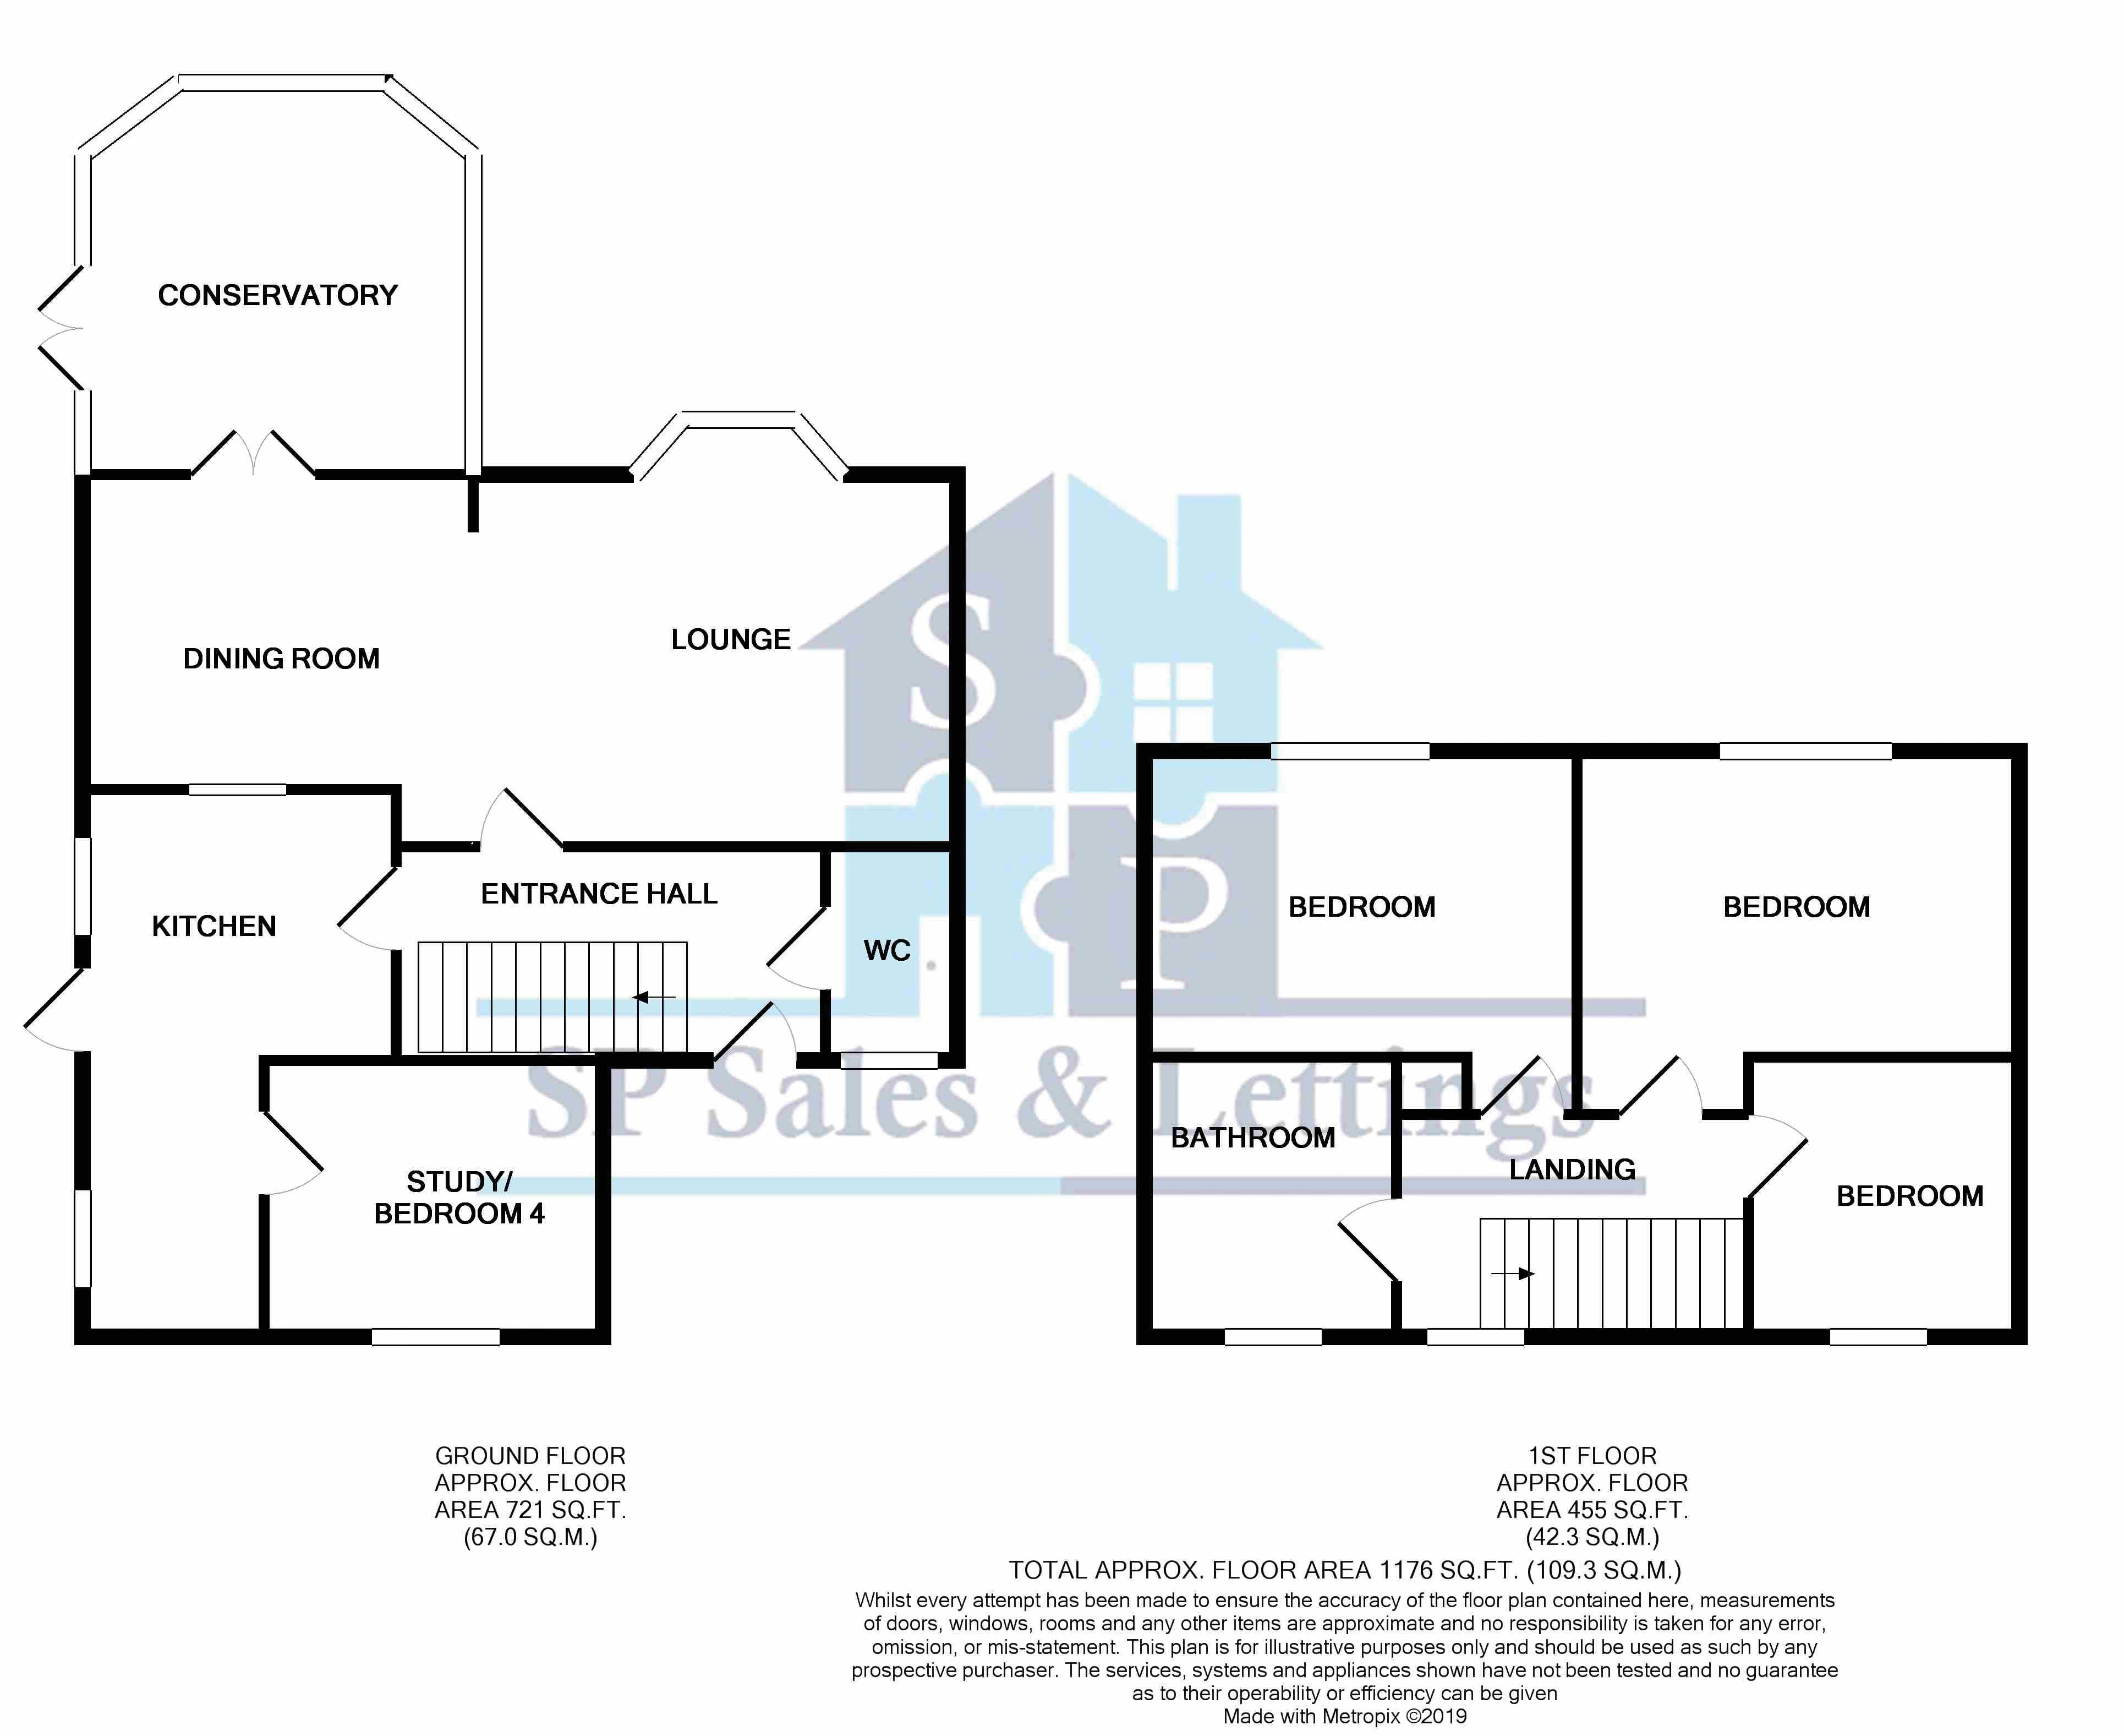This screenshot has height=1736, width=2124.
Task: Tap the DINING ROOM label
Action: pos(282,659)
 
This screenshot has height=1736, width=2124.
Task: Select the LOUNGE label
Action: pos(731,640)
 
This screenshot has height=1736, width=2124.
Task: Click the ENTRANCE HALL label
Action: pos(599,894)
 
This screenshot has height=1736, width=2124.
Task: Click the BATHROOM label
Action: pos(1252,1138)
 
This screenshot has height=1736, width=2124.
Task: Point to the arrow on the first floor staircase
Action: pos(1512,1274)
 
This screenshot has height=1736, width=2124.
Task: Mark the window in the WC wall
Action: pos(889,1060)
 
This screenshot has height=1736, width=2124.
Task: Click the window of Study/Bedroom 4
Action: pos(436,1337)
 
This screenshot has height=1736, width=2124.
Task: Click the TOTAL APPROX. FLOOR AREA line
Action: pos(1344,1571)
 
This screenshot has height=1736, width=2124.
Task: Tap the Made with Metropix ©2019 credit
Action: pos(1344,1717)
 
